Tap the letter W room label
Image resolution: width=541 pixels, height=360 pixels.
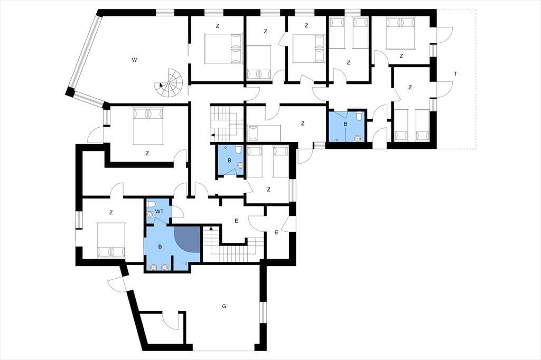point(134,60)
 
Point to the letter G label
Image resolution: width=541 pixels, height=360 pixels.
point(224,306)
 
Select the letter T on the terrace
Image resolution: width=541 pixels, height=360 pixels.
point(455,73)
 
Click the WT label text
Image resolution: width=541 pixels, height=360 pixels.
point(160,212)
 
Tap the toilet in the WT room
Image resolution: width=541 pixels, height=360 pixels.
point(151,204)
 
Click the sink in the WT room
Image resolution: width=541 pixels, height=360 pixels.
point(150,214)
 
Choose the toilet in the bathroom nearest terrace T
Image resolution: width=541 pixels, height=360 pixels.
point(359,117)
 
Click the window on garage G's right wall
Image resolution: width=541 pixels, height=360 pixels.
point(263,312)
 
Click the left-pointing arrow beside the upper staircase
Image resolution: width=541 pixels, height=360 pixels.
point(212,135)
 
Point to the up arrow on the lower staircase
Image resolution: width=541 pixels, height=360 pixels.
point(211,229)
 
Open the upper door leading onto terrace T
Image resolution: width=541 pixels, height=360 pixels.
point(444,35)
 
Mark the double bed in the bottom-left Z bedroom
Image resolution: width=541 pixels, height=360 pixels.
point(111,240)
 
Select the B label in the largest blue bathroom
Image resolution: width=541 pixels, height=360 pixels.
point(160,247)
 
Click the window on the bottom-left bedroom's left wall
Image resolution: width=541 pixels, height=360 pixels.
point(79,220)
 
